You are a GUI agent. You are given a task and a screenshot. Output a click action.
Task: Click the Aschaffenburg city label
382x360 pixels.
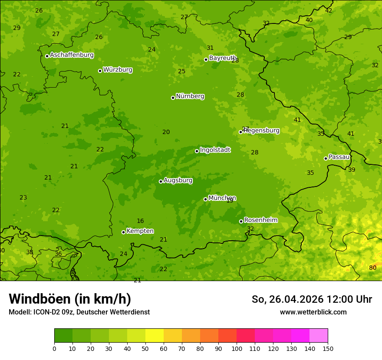[72, 55]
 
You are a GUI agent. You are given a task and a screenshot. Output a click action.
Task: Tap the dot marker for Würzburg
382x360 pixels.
[100, 71]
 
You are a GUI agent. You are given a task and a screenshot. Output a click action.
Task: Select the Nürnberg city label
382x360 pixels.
[190, 96]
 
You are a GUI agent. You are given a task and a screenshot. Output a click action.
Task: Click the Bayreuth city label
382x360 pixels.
[222, 58]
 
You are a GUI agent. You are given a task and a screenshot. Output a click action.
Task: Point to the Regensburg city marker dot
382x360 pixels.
[240, 132]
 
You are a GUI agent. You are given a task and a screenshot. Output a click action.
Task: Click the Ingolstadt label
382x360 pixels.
[215, 150]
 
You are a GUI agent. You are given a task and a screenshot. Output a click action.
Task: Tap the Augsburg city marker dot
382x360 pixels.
[161, 181]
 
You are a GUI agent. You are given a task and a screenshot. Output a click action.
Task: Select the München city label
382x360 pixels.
[222, 198]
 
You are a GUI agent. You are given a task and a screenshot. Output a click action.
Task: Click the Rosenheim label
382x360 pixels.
[260, 220]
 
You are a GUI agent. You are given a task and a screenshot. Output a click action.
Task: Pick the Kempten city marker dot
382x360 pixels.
[123, 232]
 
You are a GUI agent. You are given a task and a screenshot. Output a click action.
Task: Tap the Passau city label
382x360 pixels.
[339, 157]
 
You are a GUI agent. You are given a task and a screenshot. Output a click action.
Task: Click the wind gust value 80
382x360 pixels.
[372, 268]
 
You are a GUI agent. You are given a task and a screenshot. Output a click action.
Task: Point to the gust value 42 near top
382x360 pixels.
[329, 10]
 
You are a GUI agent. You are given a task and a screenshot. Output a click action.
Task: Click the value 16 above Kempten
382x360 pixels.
[140, 221]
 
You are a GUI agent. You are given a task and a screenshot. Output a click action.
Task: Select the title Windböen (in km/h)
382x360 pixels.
[70, 299]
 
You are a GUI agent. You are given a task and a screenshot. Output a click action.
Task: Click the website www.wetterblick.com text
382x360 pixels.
[313, 312]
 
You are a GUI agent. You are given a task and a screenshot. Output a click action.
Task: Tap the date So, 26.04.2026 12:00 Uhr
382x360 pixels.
[312, 299]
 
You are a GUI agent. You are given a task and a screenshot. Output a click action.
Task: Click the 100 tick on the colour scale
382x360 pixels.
[237, 348]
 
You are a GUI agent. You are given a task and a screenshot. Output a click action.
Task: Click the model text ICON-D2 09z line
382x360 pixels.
[79, 312]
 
